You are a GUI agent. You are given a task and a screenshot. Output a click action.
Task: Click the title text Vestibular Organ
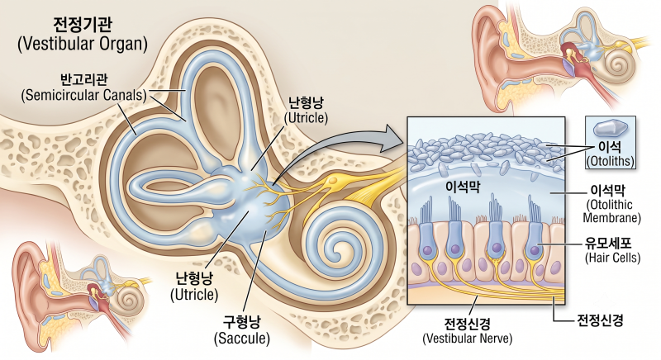point(82,44)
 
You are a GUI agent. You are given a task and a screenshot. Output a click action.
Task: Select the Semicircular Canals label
point(84,95)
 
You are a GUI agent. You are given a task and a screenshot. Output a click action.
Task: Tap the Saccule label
point(241,338)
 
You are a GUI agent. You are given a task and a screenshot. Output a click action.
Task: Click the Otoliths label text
point(610,161)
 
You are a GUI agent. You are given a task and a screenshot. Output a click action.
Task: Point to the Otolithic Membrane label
point(611,211)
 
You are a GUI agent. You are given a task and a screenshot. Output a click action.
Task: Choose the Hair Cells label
point(612,258)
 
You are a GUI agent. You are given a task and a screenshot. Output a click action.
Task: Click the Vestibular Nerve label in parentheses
point(467,338)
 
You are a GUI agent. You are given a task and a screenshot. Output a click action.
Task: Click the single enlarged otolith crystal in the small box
point(610,128)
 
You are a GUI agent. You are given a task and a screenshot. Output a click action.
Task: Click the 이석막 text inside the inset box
point(463,186)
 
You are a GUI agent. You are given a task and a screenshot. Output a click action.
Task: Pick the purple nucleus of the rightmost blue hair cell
point(535,250)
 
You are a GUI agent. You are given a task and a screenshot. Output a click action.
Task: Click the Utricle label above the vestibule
point(306,118)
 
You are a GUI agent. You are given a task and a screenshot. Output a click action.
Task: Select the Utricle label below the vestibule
point(194,294)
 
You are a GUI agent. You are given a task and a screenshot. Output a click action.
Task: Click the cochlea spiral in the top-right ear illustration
point(618,64)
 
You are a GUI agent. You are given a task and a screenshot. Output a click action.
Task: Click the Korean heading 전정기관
point(83,25)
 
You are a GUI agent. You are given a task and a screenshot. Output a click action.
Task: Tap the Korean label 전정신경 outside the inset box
point(600,320)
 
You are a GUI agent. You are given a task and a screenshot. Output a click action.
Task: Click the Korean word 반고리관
point(84,80)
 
